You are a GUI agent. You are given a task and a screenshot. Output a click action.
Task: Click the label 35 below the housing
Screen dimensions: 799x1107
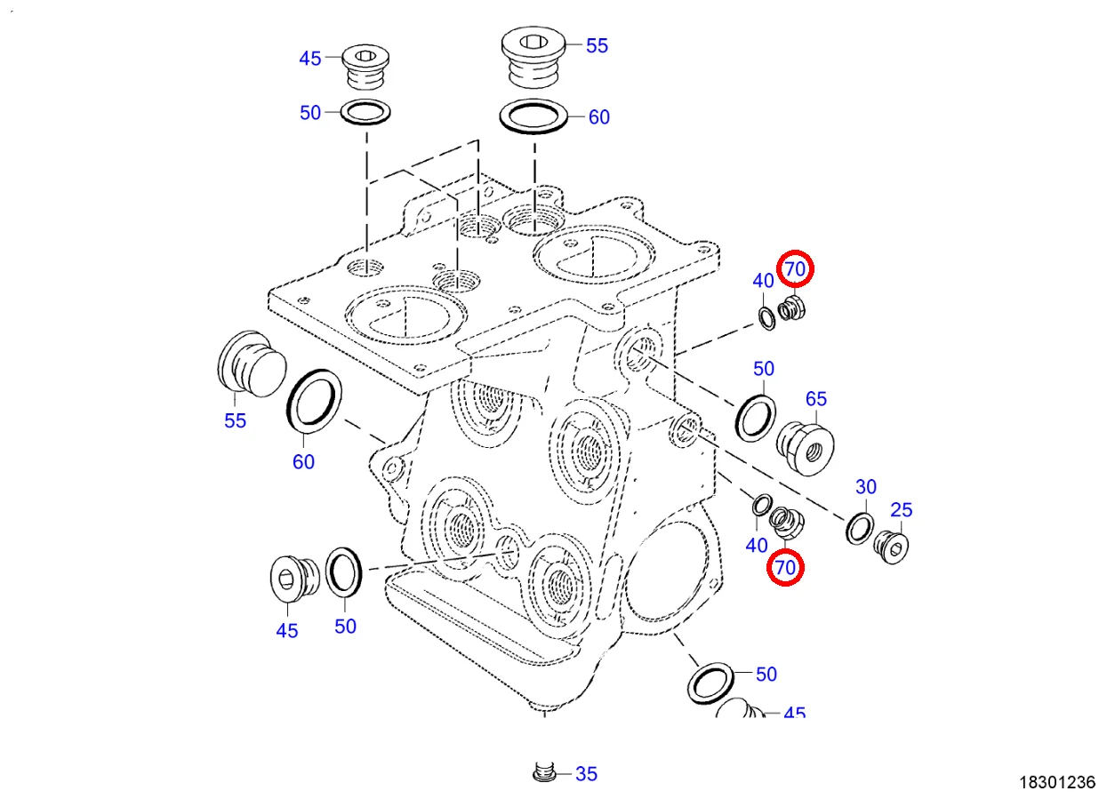[586, 774]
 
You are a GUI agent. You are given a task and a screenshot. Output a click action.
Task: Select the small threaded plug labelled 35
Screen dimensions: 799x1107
[544, 773]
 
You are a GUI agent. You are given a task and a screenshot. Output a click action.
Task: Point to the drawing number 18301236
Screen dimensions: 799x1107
[1056, 782]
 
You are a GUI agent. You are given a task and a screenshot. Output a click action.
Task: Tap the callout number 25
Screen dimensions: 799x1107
[902, 510]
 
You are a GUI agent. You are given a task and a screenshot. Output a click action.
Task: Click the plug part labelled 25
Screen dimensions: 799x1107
[892, 545]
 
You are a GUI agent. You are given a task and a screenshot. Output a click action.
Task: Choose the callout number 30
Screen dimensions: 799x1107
[866, 487]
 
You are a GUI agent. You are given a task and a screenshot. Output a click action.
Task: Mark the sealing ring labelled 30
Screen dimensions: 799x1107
[859, 528]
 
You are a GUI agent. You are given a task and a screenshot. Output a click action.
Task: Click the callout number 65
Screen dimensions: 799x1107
[816, 399]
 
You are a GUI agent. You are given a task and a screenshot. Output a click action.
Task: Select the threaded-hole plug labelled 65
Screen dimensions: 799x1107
[807, 446]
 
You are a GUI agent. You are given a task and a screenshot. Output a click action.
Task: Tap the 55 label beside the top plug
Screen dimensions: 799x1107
[598, 46]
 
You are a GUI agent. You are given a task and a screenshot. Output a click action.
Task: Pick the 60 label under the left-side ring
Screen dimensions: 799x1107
[304, 462]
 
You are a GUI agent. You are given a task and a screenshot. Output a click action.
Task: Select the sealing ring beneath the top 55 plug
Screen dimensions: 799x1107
[533, 117]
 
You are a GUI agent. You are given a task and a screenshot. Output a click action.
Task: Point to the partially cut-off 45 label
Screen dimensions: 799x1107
[794, 714]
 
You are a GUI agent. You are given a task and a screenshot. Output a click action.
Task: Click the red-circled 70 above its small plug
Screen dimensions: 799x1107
[794, 268]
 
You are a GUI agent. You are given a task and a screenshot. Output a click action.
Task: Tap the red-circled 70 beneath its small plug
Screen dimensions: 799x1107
[786, 567]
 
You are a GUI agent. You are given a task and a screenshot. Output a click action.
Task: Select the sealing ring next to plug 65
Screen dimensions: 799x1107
[756, 415]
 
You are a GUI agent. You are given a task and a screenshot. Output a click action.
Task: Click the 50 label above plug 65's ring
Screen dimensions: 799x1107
[764, 369]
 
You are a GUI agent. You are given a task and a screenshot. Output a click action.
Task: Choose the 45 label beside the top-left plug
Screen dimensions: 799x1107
[309, 60]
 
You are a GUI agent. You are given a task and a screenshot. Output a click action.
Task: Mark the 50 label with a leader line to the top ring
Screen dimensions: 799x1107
[309, 114]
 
